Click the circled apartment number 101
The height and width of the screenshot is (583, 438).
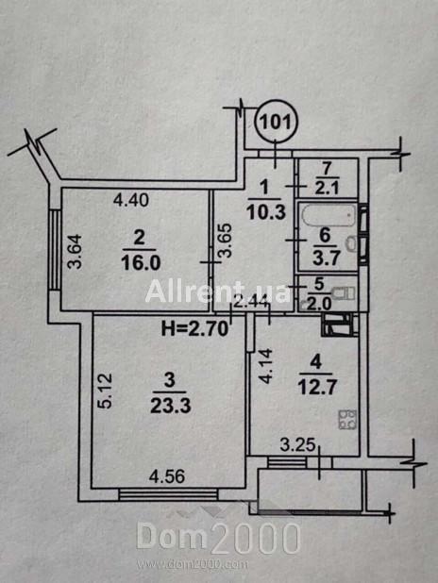pyautogui.click(x=276, y=121)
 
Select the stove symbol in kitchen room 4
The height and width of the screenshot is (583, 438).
pyautogui.click(x=347, y=420)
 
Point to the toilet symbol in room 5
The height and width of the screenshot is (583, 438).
pyautogui.click(x=345, y=293)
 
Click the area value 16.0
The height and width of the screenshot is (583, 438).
pyautogui.click(x=141, y=263)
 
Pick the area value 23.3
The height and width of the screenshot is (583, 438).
pyautogui.click(x=171, y=406)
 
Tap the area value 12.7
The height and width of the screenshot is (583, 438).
pyautogui.click(x=317, y=388)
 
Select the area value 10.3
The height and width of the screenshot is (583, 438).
pyautogui.click(x=265, y=212)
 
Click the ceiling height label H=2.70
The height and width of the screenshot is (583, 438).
pyautogui.click(x=194, y=329)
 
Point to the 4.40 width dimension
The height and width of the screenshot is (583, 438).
pyautogui.click(x=131, y=200)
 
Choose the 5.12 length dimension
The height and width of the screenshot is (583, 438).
pyautogui.click(x=106, y=391)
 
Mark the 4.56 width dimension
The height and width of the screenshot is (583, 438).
pyautogui.click(x=167, y=476)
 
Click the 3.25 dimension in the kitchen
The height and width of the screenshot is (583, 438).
pyautogui.click(x=297, y=444)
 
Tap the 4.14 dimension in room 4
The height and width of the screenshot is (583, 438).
pyautogui.click(x=267, y=366)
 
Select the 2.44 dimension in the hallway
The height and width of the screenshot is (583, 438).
pyautogui.click(x=250, y=307)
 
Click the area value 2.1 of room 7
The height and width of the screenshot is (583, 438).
pyautogui.click(x=327, y=189)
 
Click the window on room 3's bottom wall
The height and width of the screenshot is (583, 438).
pyautogui.click(x=168, y=495)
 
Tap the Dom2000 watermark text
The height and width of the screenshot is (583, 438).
pyautogui.click(x=218, y=538)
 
